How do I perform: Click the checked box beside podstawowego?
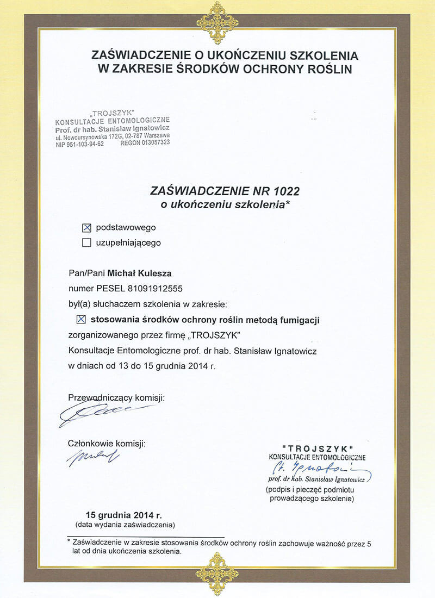[86, 228]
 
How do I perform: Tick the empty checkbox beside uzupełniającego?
[86, 243]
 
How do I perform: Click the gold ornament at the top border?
[217, 22]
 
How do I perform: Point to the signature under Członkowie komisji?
[92, 456]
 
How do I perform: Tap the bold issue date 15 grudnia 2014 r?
[124, 515]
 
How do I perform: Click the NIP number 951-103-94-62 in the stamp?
[80, 143]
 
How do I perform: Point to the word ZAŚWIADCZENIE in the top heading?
[132, 55]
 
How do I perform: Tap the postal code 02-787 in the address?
[131, 135]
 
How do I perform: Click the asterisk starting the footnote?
[69, 541]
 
